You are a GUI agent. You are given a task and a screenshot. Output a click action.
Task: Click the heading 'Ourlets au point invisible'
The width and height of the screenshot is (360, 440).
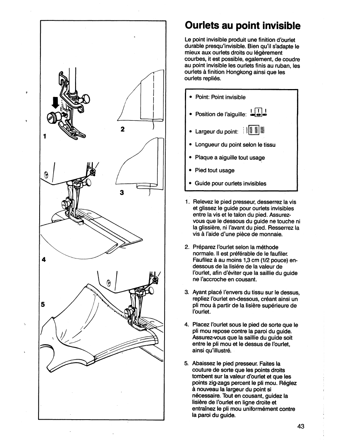click(x=243, y=25)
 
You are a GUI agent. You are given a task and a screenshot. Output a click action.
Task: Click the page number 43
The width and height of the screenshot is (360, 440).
click(x=300, y=426)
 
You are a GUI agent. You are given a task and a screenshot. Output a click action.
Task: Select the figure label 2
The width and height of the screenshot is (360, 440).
click(x=122, y=129)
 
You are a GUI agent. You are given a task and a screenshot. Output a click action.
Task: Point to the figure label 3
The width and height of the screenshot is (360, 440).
click(x=122, y=192)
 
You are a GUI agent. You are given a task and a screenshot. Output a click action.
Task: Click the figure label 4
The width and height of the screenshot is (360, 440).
click(x=44, y=259)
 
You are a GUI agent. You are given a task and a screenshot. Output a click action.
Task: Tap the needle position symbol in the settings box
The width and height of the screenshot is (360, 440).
click(x=258, y=112)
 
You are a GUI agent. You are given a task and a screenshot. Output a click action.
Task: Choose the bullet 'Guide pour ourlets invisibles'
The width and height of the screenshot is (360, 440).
click(x=230, y=184)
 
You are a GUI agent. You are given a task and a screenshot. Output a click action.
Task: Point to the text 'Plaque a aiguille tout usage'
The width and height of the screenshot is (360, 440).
click(x=230, y=158)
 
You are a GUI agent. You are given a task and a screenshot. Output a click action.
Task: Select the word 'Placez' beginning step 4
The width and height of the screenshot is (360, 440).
click(x=201, y=325)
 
